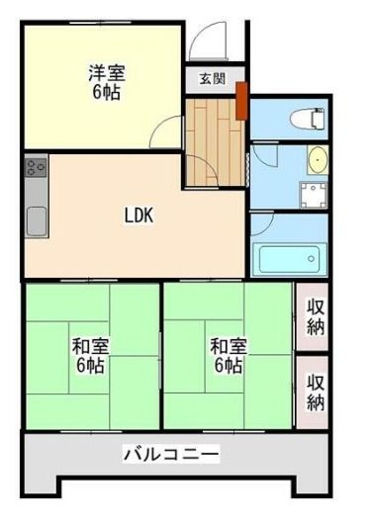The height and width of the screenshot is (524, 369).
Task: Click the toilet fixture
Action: [x=309, y=119]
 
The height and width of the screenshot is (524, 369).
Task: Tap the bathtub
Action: [x=290, y=259]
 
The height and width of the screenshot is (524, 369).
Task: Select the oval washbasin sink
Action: [x=318, y=160]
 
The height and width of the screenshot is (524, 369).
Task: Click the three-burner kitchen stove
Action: [x=36, y=166]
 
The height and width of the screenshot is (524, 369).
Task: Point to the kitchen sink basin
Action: [x=37, y=220]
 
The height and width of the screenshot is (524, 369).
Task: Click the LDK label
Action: [x=138, y=215]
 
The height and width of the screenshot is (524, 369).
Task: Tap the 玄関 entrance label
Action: [x=213, y=79]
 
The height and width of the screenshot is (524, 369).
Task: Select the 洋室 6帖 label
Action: [x=107, y=83]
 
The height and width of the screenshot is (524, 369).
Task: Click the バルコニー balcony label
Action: [x=171, y=454]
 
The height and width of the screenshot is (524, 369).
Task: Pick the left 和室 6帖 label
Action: [x=91, y=356]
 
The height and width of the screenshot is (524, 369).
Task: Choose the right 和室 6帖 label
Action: [x=229, y=356]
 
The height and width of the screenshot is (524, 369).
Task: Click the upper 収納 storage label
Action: [x=316, y=316]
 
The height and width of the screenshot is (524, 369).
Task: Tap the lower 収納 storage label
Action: [x=316, y=393]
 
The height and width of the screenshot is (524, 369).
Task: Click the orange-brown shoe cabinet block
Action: [x=241, y=101]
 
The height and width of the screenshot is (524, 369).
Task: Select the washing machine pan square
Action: [x=314, y=195]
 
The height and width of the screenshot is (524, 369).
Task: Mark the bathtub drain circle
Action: [x=312, y=258]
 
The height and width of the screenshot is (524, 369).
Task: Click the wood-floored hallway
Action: [x=214, y=142]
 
